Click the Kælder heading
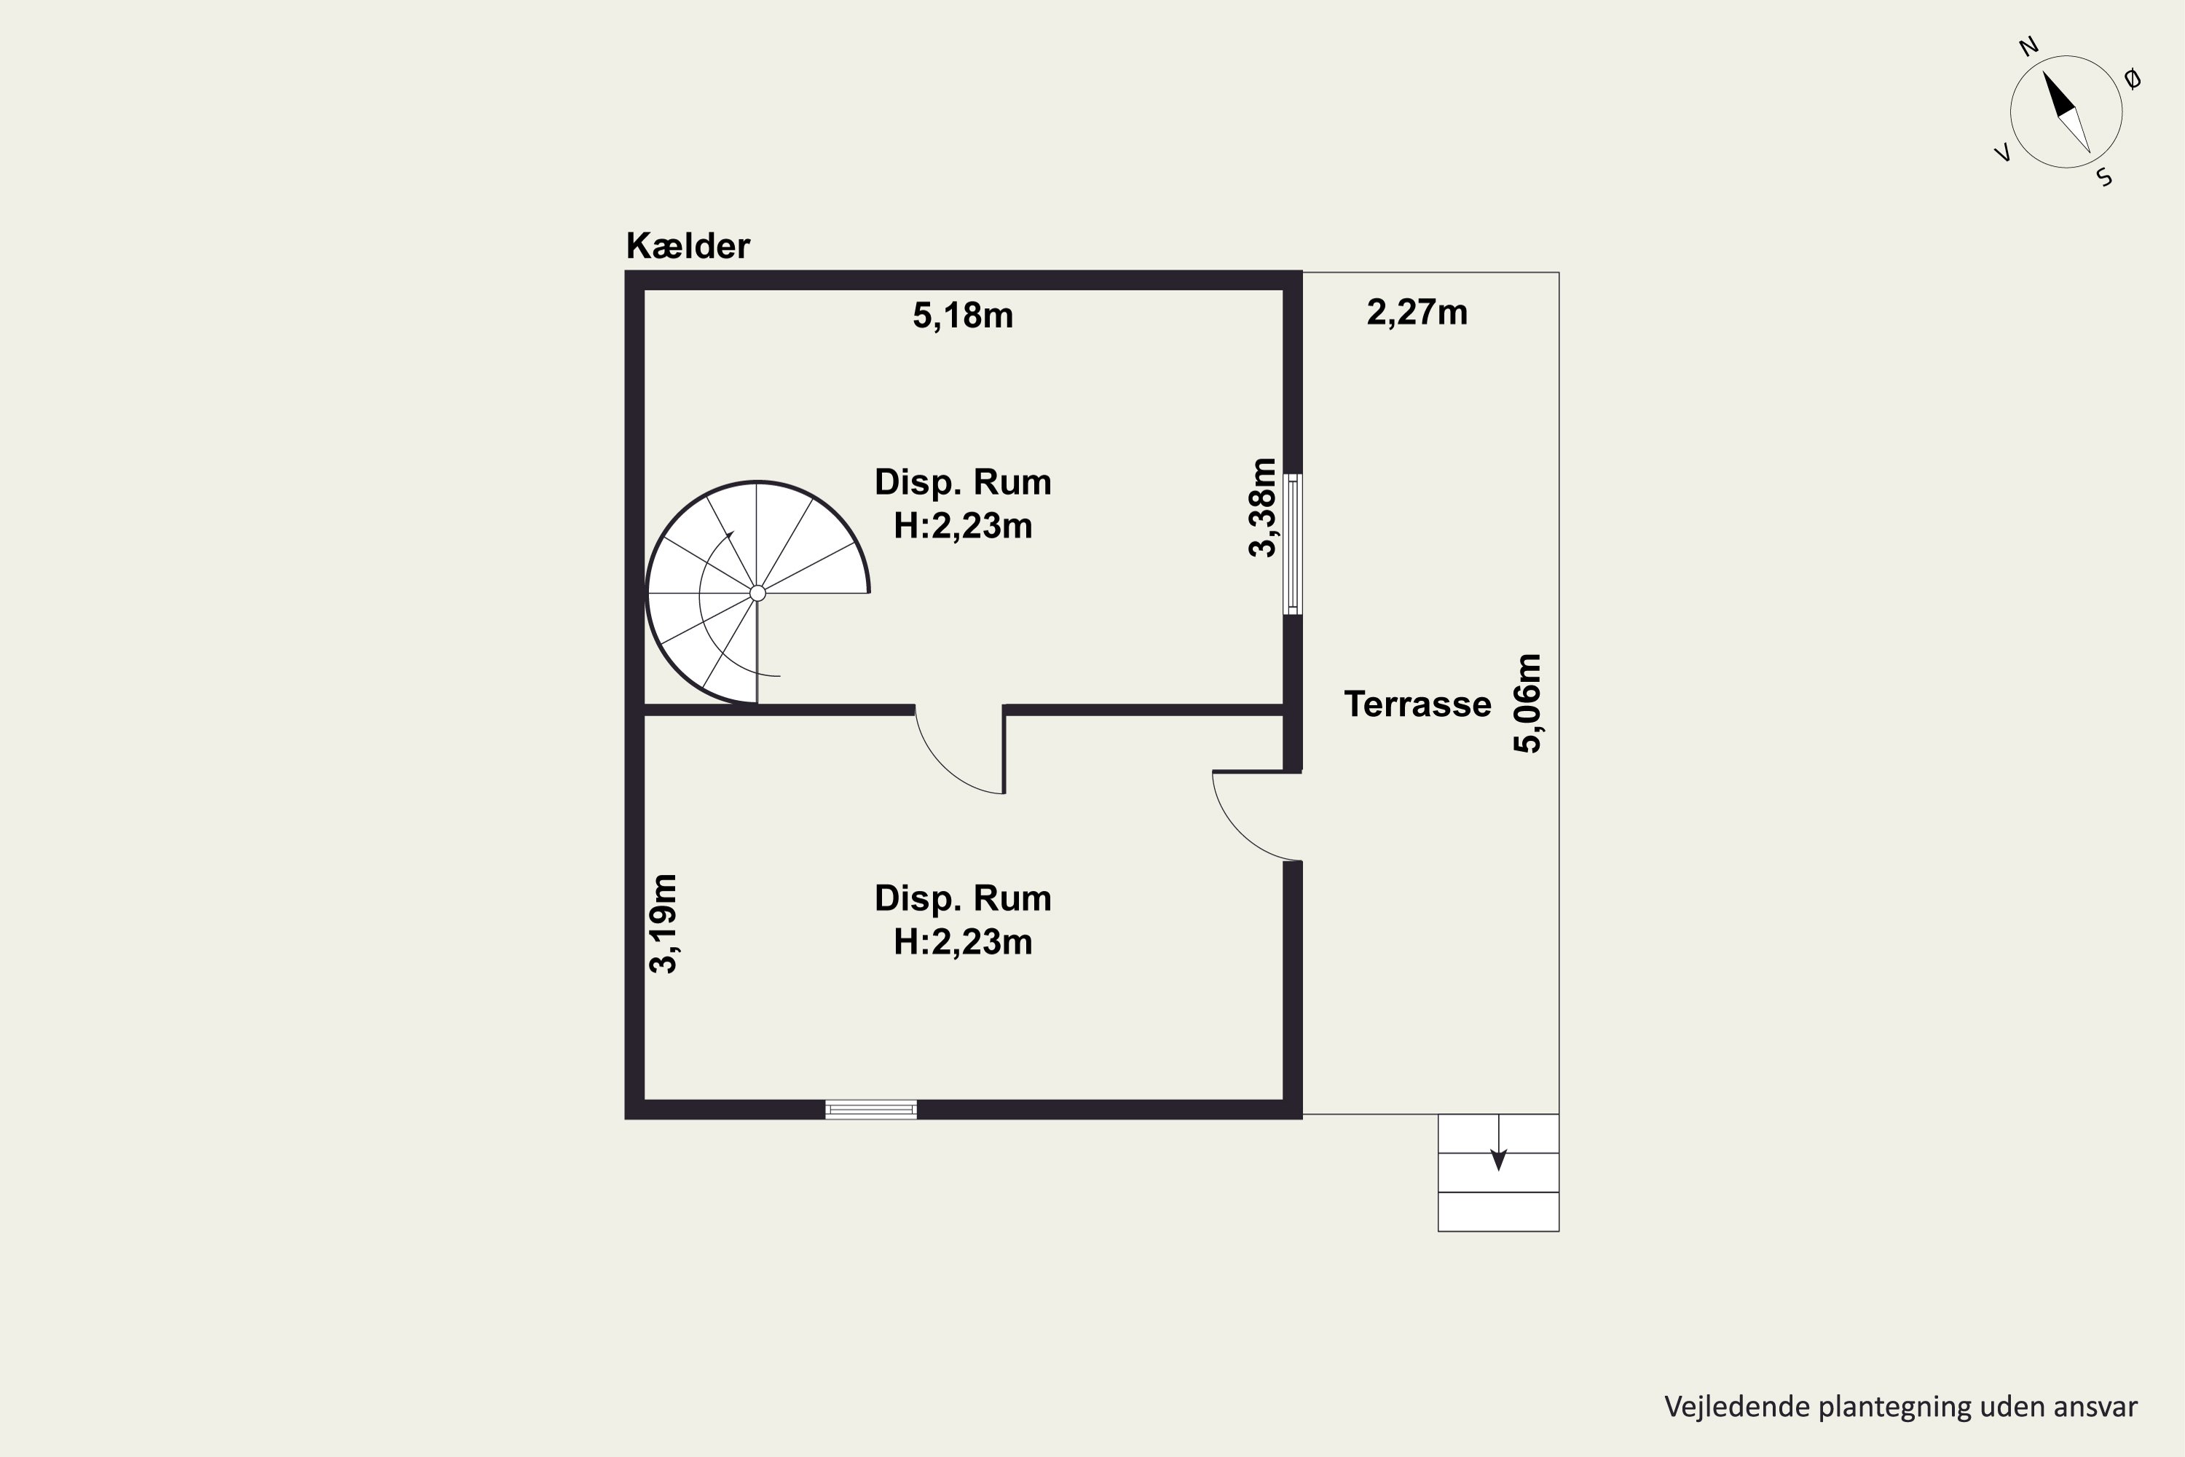coord(688,246)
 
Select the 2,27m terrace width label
coord(1417,313)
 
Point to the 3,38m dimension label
coord(1262,507)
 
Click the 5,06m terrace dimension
coord(1528,704)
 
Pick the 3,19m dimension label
coord(664,924)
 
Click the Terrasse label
coord(1417,704)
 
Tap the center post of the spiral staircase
coord(757,593)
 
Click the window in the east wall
coord(1292,543)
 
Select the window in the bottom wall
coord(871,1110)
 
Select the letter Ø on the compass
coord(2133,79)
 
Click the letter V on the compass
coord(2004,153)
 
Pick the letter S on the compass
coord(2105,178)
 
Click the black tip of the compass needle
coord(2044,72)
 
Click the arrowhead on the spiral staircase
coord(731,535)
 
